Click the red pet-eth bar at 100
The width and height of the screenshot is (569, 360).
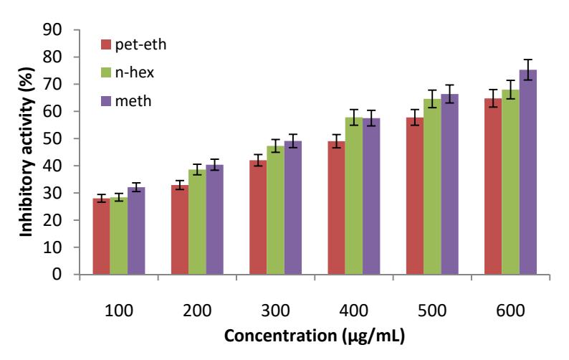click(101, 236)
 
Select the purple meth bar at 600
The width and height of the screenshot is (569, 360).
click(528, 172)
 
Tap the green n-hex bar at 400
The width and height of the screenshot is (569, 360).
click(354, 196)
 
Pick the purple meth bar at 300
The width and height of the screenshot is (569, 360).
click(293, 208)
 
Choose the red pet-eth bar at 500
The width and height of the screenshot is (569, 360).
click(415, 196)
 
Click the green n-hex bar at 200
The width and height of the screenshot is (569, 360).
click(197, 222)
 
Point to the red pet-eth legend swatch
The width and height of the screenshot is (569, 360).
click(105, 44)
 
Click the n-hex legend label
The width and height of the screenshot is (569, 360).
click(135, 72)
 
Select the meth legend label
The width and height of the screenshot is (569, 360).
click(133, 100)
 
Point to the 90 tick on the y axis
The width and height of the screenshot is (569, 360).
click(77, 30)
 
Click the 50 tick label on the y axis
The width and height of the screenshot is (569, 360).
click(52, 138)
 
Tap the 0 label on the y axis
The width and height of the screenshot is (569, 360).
click(57, 274)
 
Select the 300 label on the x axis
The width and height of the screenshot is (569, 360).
click(275, 311)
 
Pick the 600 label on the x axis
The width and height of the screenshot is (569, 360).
click(510, 311)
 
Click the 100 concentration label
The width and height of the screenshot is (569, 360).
click(119, 311)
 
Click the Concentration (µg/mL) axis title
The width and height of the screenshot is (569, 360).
click(315, 336)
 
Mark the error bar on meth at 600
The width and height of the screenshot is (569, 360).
click(528, 70)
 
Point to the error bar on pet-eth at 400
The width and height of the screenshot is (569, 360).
click(336, 141)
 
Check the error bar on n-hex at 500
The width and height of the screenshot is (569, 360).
click(432, 99)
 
